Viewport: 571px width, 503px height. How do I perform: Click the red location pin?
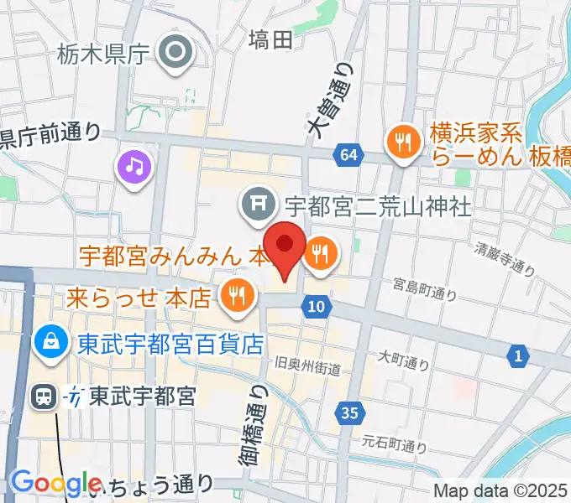pos(287,245)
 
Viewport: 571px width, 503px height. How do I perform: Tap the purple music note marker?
pos(134,167)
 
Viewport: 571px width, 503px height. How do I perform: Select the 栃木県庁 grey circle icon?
pos(177,54)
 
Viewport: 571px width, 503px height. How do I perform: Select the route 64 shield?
pos(348,154)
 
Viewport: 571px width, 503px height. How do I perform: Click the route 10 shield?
pos(315,307)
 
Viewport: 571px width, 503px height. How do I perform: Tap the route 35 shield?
pos(350,412)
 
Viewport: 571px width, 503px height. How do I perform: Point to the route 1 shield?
pos(518,357)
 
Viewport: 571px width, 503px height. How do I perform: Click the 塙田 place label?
pos(271,39)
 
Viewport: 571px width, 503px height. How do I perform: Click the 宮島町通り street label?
pos(425,289)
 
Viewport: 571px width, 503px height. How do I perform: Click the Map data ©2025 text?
pos(500,490)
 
